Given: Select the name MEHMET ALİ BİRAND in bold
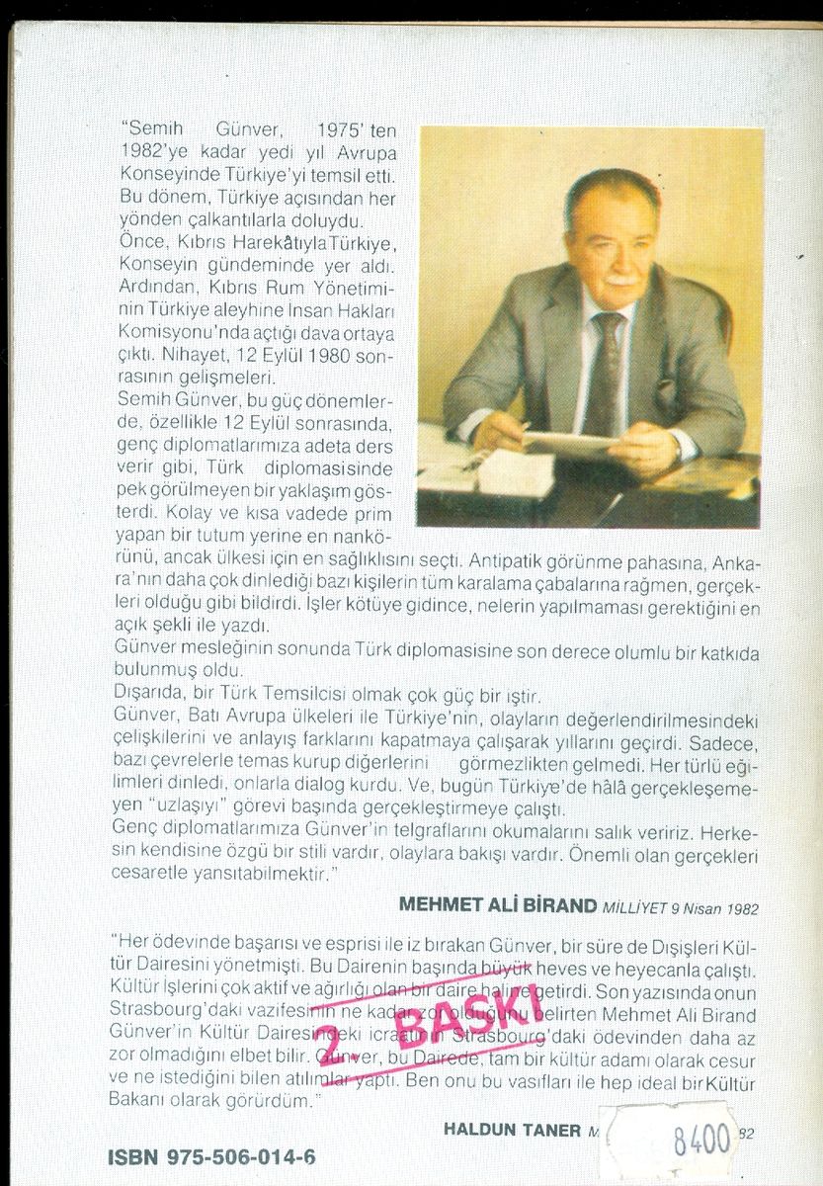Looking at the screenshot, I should pyautogui.click(x=497, y=903).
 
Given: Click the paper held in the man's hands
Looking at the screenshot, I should pyautogui.click(x=568, y=443).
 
